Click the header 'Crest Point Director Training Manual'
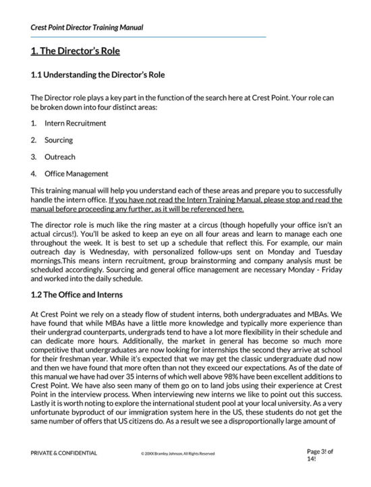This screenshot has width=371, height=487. tap(87, 28)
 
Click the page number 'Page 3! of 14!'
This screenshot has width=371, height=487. tap(321, 453)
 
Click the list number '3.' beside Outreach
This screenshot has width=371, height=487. tap(34, 156)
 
